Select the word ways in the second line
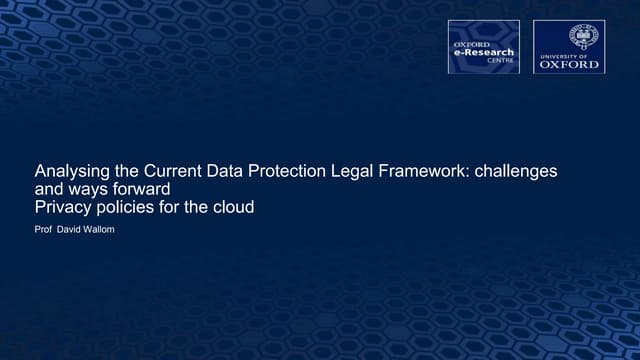(x=86, y=189)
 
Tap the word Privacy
(x=62, y=207)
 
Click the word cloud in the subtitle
(x=232, y=207)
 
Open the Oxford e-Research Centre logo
(x=483, y=46)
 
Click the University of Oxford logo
(x=568, y=46)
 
